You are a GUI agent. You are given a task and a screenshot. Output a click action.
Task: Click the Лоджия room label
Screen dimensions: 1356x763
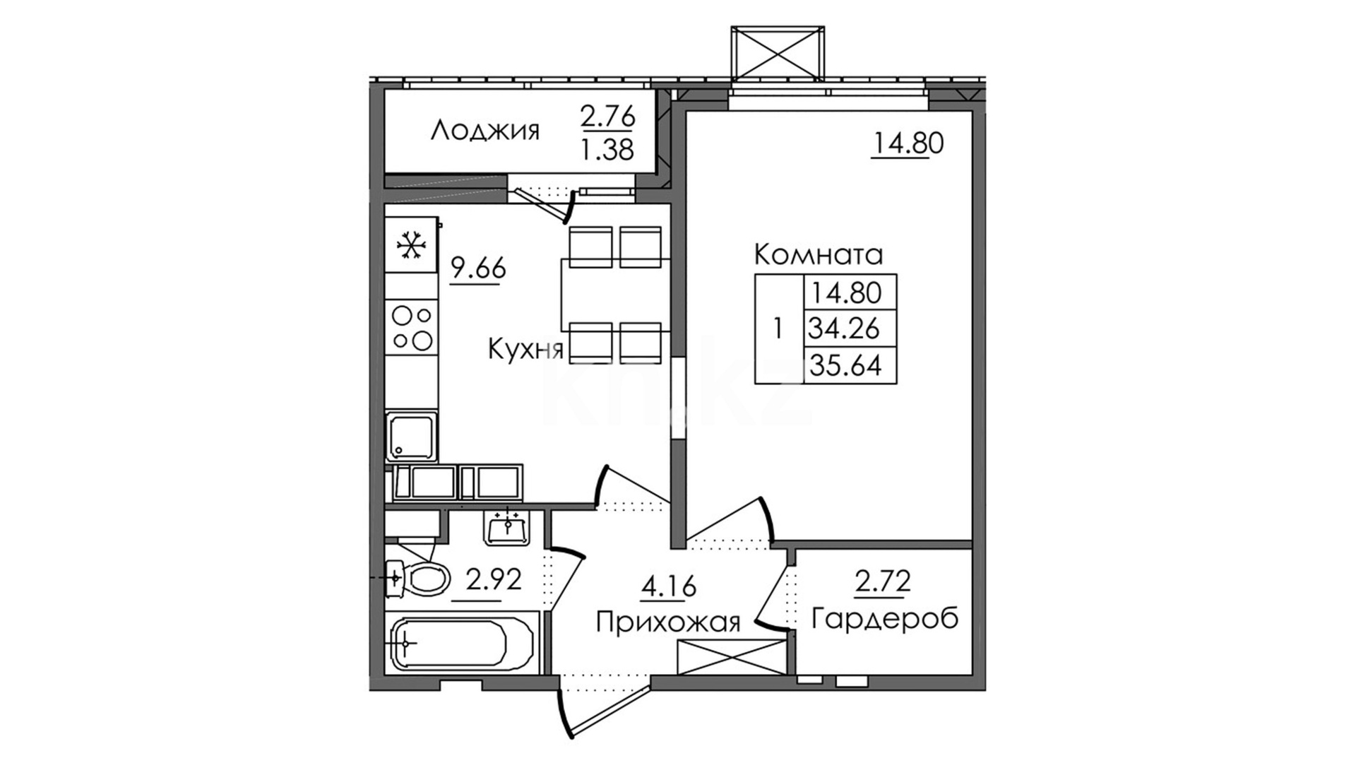tap(485, 131)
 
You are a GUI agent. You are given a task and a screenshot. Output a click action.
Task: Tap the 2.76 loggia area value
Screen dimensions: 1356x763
tap(608, 116)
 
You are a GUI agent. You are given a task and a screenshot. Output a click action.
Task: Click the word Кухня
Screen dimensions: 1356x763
tap(526, 350)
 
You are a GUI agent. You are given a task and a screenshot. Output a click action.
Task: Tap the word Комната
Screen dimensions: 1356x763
tap(819, 254)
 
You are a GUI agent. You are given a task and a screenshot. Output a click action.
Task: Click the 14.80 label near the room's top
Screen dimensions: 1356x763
tap(908, 144)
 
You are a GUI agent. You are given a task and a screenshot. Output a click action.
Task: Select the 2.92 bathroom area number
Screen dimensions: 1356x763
tap(494, 581)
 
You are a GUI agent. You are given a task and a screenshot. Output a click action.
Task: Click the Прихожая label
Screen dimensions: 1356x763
tap(668, 622)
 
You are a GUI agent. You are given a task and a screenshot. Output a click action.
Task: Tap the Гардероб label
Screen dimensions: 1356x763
tap(885, 618)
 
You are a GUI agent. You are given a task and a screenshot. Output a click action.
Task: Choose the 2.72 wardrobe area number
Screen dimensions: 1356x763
tap(883, 581)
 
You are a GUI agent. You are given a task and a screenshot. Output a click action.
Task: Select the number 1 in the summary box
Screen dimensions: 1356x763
tap(778, 329)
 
